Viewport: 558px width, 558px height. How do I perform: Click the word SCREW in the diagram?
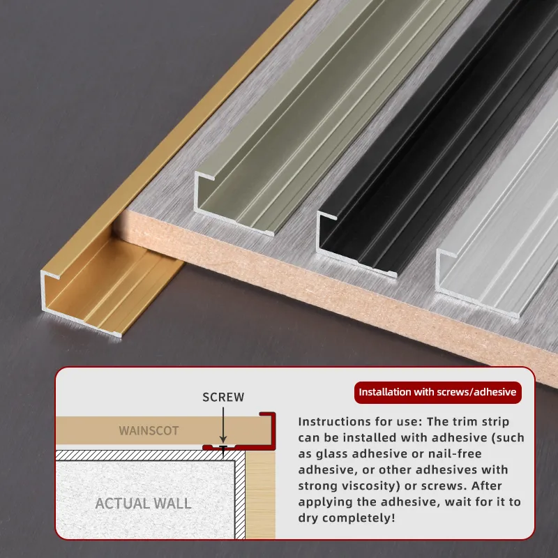point(223,397)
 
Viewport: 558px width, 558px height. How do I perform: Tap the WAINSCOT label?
point(149,430)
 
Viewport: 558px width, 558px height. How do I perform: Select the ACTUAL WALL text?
point(144,503)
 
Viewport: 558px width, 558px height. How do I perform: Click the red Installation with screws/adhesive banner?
point(438,392)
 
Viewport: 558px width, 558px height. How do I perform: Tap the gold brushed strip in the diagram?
point(260,495)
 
